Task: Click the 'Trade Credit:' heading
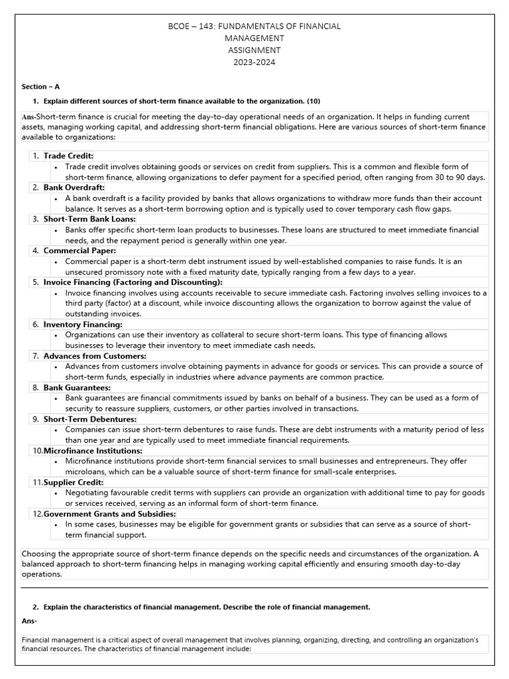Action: tap(68, 156)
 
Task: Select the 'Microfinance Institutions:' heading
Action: tap(93, 451)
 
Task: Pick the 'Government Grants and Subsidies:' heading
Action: tap(110, 514)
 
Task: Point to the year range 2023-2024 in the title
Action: tap(254, 62)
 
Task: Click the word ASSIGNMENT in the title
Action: tap(254, 50)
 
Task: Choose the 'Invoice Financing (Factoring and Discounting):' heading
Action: tap(133, 282)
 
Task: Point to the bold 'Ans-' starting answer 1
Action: tap(28, 117)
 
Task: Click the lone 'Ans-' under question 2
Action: tap(29, 621)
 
